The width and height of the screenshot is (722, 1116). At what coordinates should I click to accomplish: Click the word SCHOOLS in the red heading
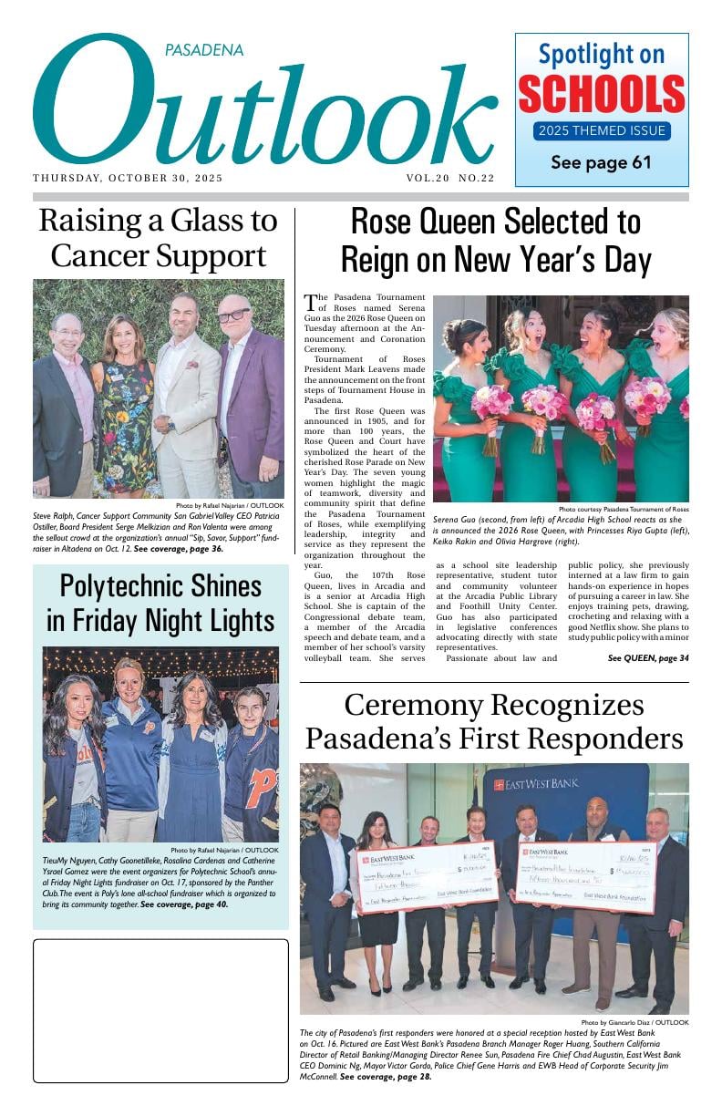pyautogui.click(x=602, y=94)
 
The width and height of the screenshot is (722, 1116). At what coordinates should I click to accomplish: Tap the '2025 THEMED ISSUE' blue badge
pyautogui.click(x=602, y=130)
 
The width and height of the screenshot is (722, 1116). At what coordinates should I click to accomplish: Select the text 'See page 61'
pyautogui.click(x=601, y=163)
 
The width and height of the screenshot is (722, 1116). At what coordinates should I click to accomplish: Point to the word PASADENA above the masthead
pyautogui.click(x=204, y=51)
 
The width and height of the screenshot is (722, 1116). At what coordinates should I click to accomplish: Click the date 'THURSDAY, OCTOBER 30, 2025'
pyautogui.click(x=128, y=179)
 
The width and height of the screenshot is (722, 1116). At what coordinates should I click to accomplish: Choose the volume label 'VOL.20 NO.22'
pyautogui.click(x=450, y=179)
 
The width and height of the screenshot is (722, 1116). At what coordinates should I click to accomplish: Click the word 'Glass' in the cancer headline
pyautogui.click(x=192, y=222)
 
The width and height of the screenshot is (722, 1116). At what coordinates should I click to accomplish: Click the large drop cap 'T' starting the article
pyautogui.click(x=311, y=305)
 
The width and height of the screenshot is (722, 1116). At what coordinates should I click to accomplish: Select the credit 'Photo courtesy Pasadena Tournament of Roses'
pyautogui.click(x=624, y=509)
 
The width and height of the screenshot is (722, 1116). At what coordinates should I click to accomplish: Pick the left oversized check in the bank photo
pyautogui.click(x=427, y=876)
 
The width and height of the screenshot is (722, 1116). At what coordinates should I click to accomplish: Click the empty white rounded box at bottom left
pyautogui.click(x=160, y=1010)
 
